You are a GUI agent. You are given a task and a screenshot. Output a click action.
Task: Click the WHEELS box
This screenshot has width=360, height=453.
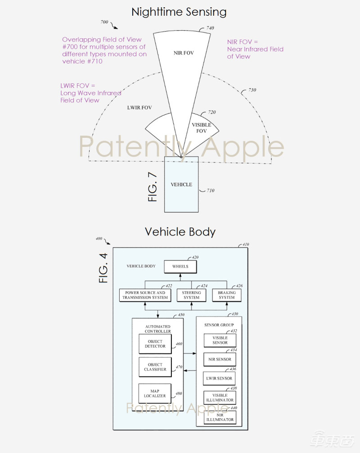(180, 267)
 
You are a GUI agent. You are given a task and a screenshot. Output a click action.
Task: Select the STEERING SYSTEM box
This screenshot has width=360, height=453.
(191, 295)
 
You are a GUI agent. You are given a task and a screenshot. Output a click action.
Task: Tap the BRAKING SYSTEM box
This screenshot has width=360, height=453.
(226, 295)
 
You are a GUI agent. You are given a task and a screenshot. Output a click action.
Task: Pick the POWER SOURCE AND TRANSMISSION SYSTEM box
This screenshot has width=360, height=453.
(145, 295)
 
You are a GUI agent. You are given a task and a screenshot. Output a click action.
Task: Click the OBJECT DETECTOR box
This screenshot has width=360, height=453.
(155, 344)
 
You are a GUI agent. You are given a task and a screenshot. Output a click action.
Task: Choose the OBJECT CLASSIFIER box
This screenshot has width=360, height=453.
(155, 367)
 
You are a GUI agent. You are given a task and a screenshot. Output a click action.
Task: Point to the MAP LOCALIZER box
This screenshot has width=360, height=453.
(155, 393)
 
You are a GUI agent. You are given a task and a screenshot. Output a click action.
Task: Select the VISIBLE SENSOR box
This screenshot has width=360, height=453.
(220, 340)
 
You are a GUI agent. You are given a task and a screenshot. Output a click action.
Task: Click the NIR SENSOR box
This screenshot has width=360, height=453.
(220, 359)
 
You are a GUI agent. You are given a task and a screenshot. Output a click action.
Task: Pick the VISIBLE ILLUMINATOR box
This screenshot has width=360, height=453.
(220, 398)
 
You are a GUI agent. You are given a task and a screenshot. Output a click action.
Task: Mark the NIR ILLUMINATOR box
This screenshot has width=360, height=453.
(220, 417)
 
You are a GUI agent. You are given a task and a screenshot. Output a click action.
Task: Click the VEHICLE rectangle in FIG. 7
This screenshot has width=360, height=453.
(181, 184)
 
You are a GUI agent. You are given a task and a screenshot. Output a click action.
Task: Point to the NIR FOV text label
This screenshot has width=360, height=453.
(184, 53)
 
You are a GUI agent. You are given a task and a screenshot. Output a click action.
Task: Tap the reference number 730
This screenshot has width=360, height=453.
(252, 91)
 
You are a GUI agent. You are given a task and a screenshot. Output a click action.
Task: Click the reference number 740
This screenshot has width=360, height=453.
(210, 28)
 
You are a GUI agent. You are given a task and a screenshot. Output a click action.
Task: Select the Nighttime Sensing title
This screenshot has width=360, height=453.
(179, 12)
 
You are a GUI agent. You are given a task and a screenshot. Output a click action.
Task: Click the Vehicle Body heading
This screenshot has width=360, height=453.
(180, 232)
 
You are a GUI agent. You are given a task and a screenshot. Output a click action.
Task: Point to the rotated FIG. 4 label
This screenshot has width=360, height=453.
(103, 268)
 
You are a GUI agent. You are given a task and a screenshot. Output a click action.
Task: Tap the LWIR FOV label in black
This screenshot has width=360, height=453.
(139, 108)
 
